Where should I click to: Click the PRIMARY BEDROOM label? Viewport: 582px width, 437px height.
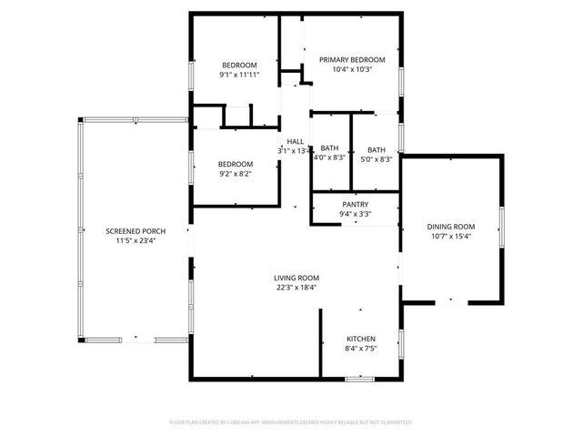point(352,60)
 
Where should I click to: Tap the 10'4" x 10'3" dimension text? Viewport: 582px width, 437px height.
point(352,70)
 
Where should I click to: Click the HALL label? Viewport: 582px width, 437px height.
point(296,141)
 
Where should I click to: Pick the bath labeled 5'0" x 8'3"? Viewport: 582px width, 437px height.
point(376,150)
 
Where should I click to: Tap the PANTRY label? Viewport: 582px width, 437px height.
point(355,205)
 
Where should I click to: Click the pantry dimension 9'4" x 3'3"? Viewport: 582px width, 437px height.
point(355,215)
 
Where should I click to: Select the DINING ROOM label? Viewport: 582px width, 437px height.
point(452,227)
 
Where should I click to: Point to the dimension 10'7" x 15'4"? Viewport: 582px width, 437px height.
point(452,237)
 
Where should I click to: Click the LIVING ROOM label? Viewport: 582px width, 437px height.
point(296,278)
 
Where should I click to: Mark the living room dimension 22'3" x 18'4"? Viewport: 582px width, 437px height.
point(296,288)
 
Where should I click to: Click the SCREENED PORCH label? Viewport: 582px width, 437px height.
point(135,231)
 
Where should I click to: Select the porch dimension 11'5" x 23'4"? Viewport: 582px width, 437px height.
point(135,241)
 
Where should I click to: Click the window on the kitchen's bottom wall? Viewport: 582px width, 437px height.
point(359,378)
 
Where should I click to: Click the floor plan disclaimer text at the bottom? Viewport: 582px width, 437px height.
point(291,422)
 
